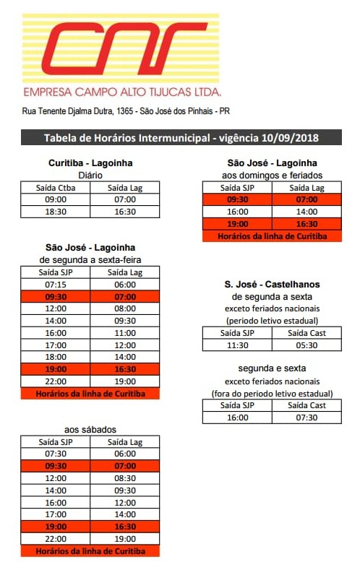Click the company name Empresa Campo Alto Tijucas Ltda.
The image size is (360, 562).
(122, 92)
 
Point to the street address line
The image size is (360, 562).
(126, 112)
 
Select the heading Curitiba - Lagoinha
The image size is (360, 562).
(90, 163)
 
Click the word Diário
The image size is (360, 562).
(90, 175)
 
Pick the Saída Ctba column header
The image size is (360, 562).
(56, 188)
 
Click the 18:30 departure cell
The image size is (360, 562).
(56, 212)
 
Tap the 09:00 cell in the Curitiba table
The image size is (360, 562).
(56, 199)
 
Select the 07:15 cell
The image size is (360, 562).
(56, 285)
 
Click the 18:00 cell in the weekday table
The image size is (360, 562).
(56, 357)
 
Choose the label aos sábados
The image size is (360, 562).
(90, 430)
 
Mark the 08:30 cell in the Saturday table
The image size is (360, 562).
(125, 478)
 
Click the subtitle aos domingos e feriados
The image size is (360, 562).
(272, 175)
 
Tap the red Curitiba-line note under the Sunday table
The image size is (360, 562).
(272, 236)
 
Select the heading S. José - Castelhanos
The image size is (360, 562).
(272, 285)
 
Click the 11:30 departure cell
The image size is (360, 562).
(237, 345)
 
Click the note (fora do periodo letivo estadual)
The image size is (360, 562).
(272, 394)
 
